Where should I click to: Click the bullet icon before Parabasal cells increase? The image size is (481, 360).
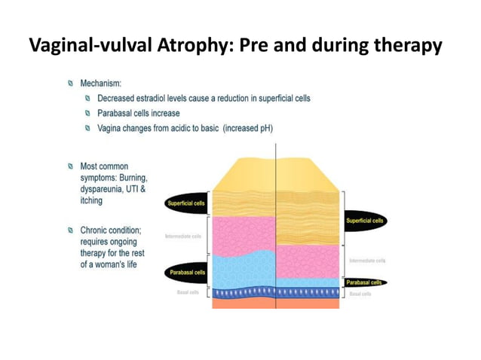[88, 114]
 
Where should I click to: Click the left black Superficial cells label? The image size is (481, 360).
[186, 203]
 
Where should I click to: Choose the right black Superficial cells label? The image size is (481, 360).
[365, 221]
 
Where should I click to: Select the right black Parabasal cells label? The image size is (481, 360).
[365, 282]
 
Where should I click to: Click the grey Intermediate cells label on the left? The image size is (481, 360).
[183, 236]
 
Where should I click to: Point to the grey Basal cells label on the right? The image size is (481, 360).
[360, 294]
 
